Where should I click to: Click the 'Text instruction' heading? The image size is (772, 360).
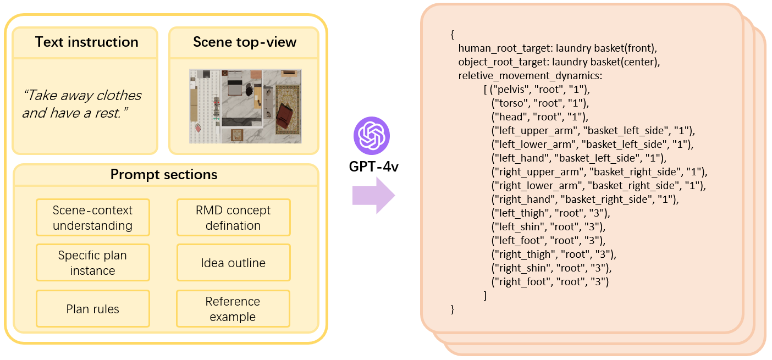coord(86,42)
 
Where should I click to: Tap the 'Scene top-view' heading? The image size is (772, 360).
coord(244,42)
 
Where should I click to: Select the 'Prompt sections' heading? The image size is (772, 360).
coord(164,174)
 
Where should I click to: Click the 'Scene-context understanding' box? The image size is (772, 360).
coord(93,218)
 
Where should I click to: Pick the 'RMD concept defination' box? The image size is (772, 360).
coord(233,218)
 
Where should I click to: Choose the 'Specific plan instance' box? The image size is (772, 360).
coord(93,263)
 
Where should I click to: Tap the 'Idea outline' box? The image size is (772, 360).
coord(233,263)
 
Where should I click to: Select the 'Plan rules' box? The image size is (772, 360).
coord(93,309)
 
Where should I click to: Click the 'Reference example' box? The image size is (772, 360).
coord(233,309)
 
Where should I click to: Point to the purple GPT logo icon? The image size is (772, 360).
coord(372,135)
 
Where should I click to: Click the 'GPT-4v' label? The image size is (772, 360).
coord(373,167)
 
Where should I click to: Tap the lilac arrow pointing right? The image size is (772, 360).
coord(373,195)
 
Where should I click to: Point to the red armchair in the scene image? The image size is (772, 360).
coord(284,117)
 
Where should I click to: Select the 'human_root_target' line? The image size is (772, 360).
coord(558,48)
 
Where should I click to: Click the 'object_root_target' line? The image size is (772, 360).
coord(559,62)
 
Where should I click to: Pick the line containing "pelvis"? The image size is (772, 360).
coord(537,90)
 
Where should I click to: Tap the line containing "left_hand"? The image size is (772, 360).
coord(578,158)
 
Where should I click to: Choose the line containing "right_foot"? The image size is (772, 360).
coord(550,282)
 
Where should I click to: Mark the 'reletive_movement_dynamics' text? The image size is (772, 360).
coord(530,76)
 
